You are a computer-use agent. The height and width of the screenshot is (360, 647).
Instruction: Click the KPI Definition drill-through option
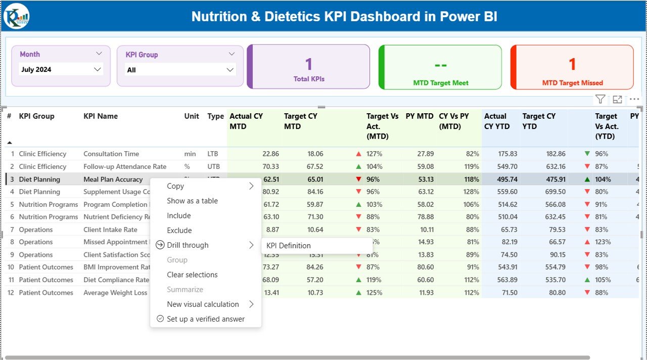(289, 246)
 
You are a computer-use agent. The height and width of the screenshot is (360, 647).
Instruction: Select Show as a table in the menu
(192, 201)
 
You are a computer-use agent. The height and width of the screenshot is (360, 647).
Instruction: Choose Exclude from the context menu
(179, 231)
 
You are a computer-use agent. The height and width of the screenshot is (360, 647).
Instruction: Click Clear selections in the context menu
(192, 275)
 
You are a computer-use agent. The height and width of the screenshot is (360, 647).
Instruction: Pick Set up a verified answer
(205, 319)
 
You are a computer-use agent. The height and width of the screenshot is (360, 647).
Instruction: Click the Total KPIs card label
(309, 79)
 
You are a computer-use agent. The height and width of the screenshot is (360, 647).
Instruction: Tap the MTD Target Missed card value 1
(572, 64)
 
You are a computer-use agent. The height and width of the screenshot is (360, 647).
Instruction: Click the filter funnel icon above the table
(600, 100)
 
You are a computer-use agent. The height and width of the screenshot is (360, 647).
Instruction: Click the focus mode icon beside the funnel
(617, 100)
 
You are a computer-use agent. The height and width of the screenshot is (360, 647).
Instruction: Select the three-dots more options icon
(634, 100)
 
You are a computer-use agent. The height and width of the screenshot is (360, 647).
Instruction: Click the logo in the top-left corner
(17, 16)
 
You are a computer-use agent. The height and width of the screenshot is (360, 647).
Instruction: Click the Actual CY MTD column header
(246, 121)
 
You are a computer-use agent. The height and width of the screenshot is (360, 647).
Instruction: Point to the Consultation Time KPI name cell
(111, 154)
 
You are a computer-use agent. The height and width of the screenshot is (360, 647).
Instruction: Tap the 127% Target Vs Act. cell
(375, 154)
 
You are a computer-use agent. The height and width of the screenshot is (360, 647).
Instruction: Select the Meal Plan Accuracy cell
(113, 179)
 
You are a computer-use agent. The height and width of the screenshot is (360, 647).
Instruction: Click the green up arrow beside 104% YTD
(587, 179)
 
